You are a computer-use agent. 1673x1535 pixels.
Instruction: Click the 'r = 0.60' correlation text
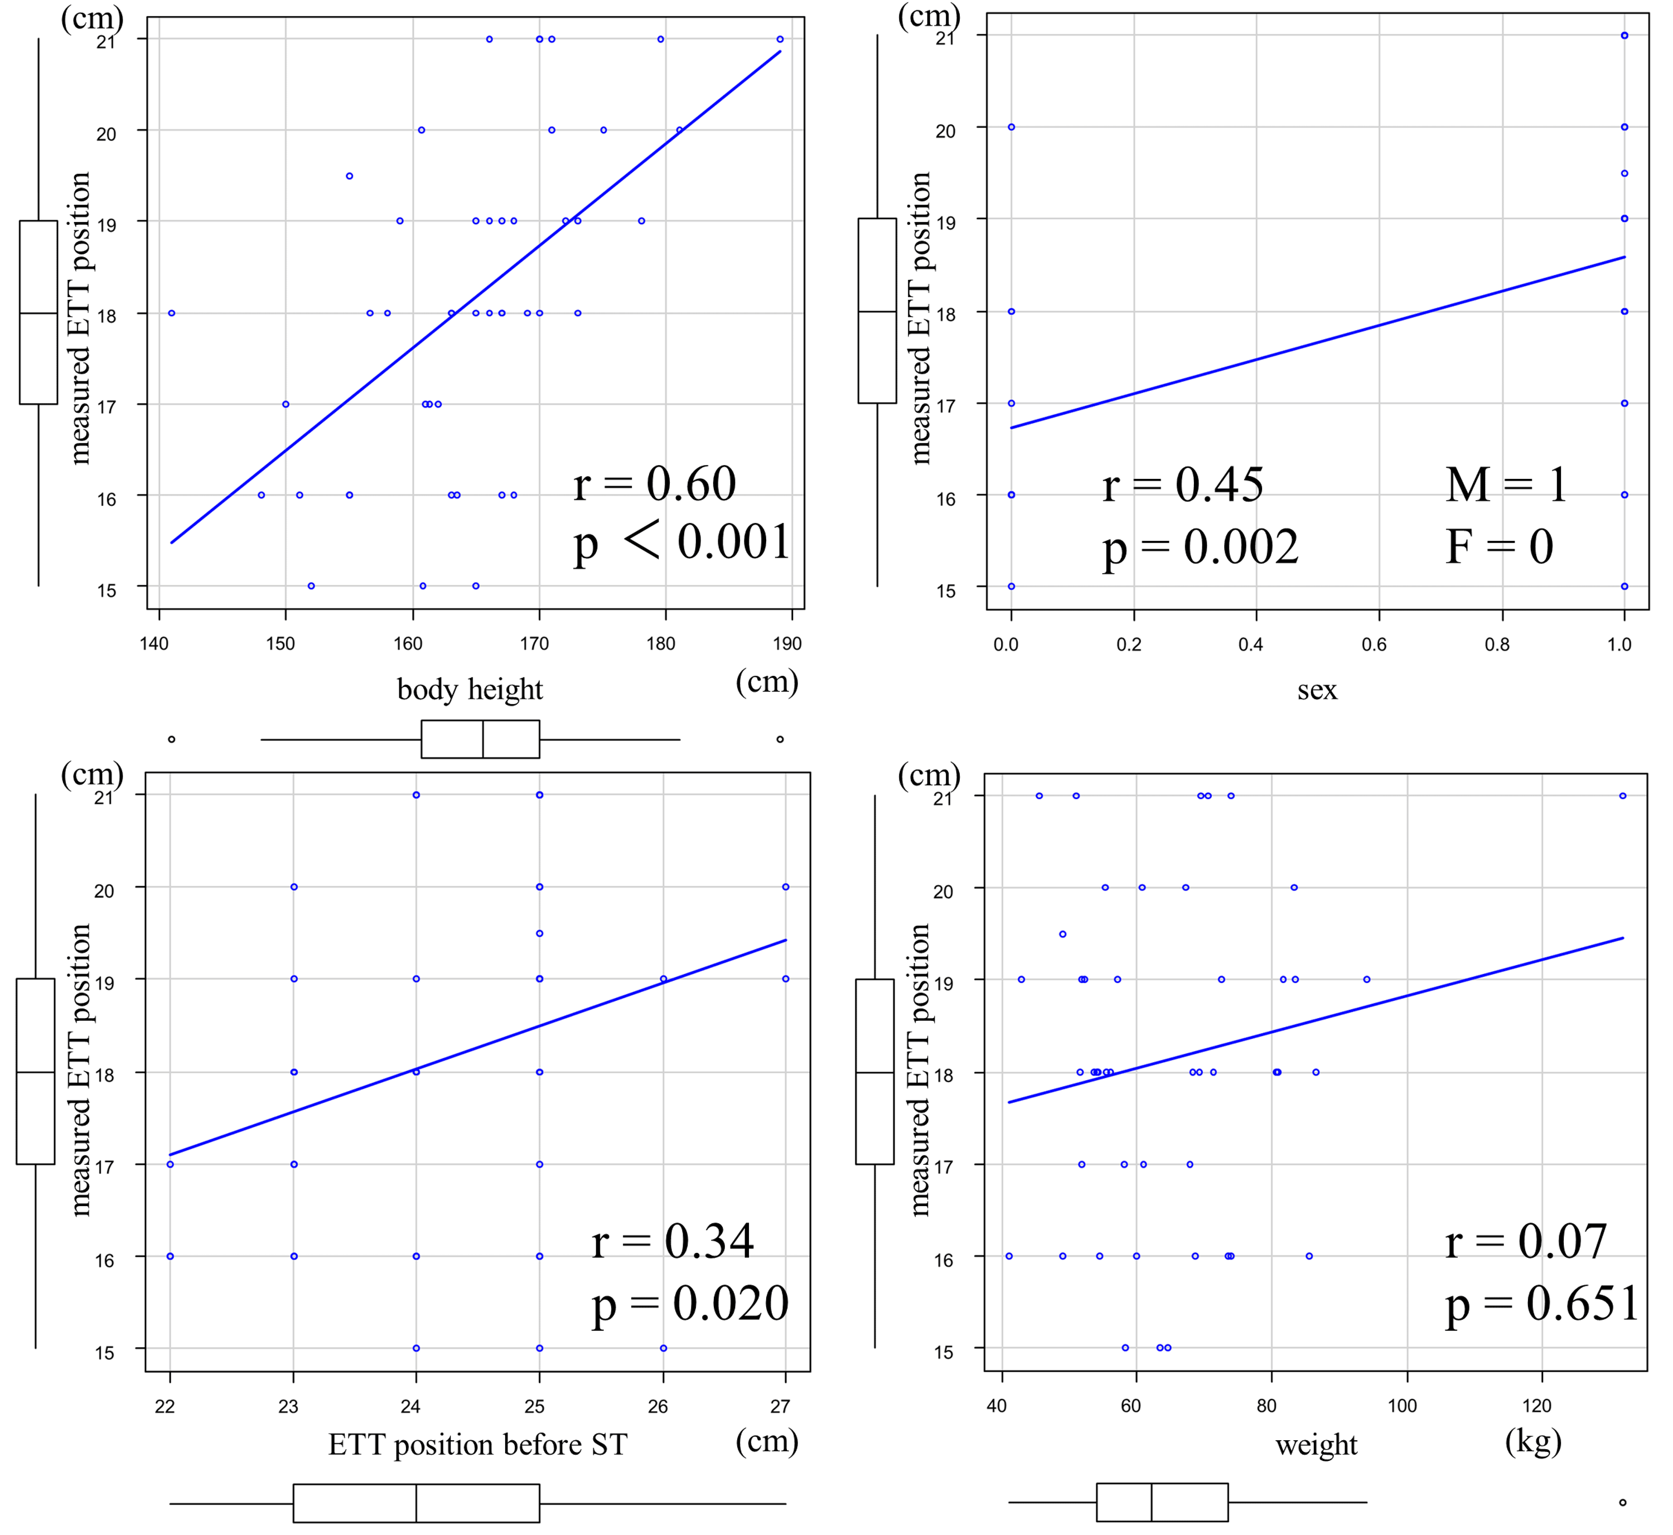click(655, 485)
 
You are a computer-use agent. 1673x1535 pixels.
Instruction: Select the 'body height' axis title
click(470, 689)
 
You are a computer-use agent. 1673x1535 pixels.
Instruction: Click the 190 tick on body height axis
click(787, 644)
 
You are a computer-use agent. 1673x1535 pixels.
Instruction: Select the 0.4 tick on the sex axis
click(1250, 645)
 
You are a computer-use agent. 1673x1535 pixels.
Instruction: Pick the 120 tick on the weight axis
click(1537, 1406)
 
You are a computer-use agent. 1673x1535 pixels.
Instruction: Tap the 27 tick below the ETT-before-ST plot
click(780, 1406)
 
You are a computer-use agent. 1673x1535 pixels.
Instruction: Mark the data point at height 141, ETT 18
click(171, 313)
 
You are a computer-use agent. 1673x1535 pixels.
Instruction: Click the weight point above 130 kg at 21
click(1622, 796)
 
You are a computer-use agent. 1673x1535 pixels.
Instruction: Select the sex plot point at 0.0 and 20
click(1011, 127)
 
